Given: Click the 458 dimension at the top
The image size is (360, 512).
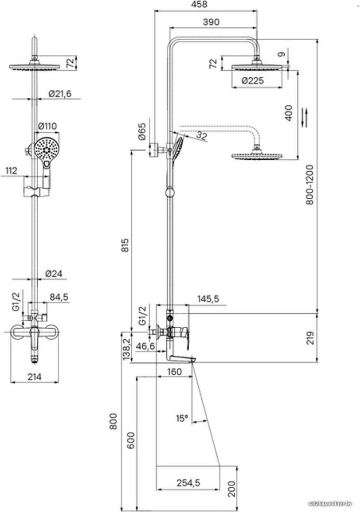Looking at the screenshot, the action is (200, 4).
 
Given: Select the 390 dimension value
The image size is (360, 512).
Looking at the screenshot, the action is (211, 22).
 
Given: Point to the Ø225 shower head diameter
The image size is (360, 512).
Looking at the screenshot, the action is (253, 81).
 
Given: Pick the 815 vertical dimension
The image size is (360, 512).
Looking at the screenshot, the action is (126, 245).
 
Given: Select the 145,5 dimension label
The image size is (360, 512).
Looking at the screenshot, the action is (208, 298).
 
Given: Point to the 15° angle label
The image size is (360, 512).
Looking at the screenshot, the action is (182, 418).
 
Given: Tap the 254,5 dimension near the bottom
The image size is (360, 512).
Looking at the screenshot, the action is (188, 483).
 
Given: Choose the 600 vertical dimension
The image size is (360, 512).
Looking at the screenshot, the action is (131, 440).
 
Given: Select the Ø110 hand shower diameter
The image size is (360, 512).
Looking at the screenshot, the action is (47, 126).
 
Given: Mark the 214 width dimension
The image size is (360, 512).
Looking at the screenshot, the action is (34, 377).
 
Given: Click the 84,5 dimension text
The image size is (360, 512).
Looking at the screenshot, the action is (59, 297).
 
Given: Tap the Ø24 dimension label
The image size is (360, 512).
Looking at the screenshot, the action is (53, 274).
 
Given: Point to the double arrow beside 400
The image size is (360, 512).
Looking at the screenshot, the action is (304, 118).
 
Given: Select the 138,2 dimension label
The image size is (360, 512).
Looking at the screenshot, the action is (127, 349).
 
